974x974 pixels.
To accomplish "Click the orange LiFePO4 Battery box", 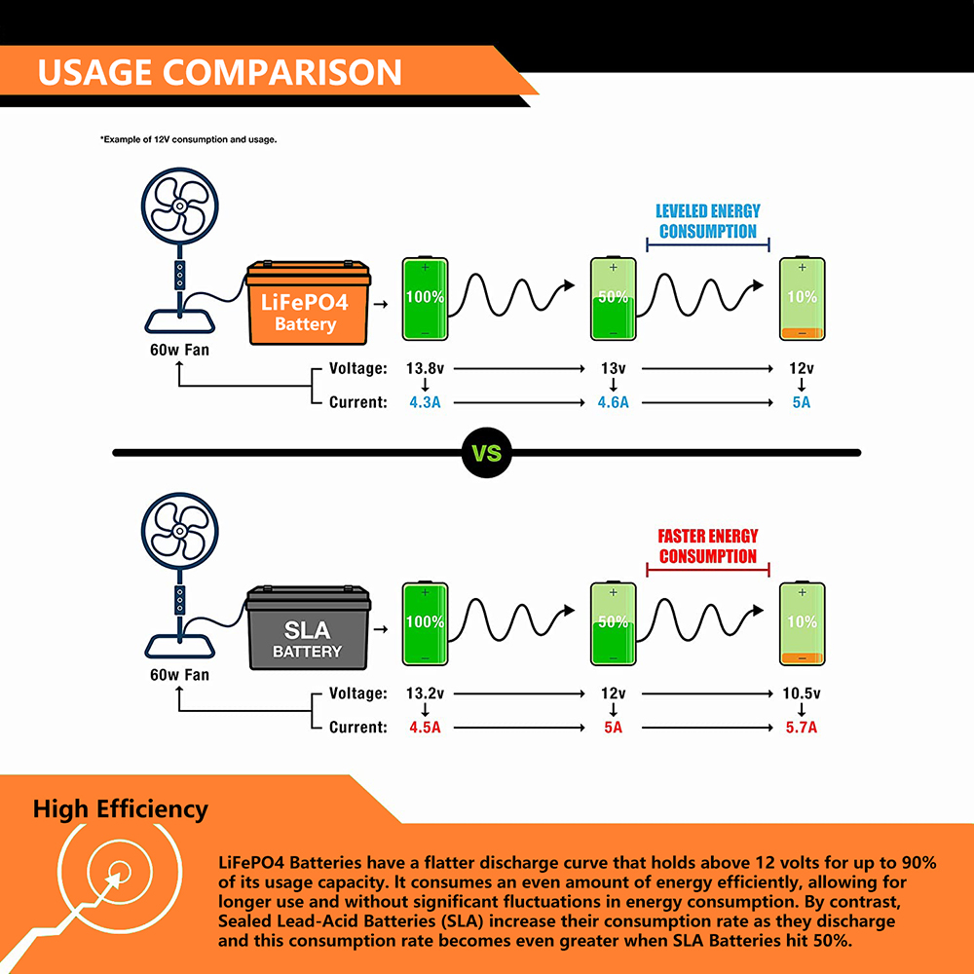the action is pyautogui.click(x=308, y=303).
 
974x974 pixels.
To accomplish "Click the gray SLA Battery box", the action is pyautogui.click(x=308, y=627).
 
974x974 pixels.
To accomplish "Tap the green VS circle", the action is pyautogui.click(x=487, y=453).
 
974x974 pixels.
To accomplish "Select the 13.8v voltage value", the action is pyautogui.click(x=425, y=368).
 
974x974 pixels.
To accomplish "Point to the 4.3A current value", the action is pyautogui.click(x=425, y=402).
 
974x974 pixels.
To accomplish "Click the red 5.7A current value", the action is pyautogui.click(x=802, y=728).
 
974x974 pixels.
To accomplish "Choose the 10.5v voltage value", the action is pyautogui.click(x=802, y=693).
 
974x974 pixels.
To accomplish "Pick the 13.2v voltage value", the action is pyautogui.click(x=425, y=693).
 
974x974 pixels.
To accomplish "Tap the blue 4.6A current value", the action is pyautogui.click(x=613, y=402).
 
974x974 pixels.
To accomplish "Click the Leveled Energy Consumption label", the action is pyautogui.click(x=708, y=221).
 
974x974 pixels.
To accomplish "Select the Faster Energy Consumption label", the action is pyautogui.click(x=708, y=546).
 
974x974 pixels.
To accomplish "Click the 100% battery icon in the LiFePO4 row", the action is pyautogui.click(x=425, y=299).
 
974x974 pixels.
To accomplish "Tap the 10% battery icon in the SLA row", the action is pyautogui.click(x=802, y=623).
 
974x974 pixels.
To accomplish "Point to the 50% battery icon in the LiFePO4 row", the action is pyautogui.click(x=613, y=299).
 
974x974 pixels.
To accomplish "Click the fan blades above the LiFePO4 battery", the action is pyautogui.click(x=179, y=206).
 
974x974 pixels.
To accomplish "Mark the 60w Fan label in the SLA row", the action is pyautogui.click(x=179, y=675).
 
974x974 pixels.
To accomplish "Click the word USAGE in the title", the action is pyautogui.click(x=95, y=72).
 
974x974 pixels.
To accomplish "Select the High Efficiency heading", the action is pyautogui.click(x=121, y=808).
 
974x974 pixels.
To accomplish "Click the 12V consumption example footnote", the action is pyautogui.click(x=189, y=139).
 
